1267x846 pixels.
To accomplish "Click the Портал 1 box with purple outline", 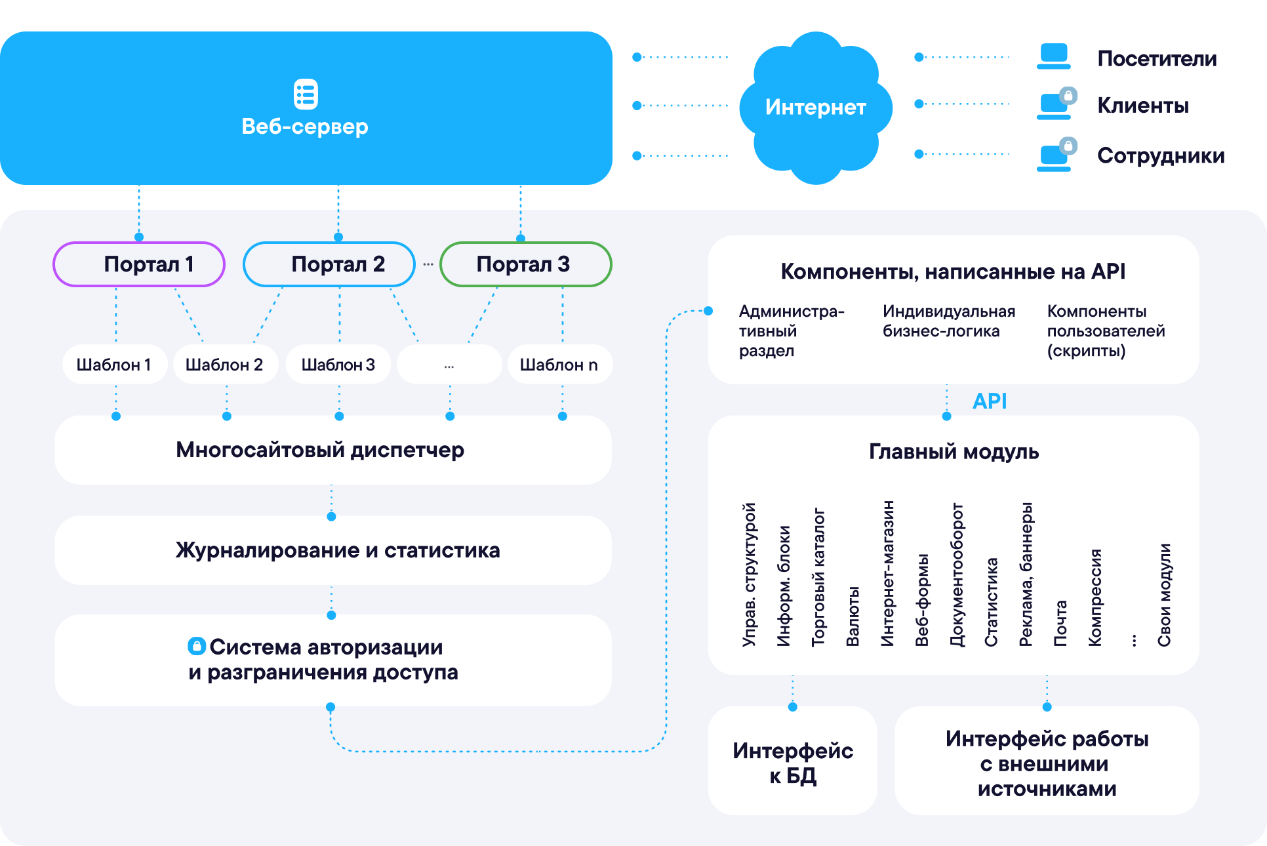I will coord(139,264).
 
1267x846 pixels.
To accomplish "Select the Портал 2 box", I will coord(329,264).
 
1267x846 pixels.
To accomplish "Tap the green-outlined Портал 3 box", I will coord(526,264).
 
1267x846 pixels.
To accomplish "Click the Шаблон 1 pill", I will coord(115,365).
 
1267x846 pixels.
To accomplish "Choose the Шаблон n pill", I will coord(560,365).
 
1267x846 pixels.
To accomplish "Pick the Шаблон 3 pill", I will coord(338,365).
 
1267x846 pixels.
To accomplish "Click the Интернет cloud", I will coord(816,107).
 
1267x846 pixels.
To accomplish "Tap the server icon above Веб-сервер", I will coord(306,94).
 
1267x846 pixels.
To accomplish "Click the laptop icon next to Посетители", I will coord(1054,56).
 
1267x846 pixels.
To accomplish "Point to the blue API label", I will coord(990,401).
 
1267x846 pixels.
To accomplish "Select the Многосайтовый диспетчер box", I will coord(333,450).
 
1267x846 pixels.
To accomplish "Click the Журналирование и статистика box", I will coord(333,550).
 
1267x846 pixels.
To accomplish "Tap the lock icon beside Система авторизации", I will coord(197,646).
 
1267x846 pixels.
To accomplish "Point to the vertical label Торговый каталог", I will coord(818,577).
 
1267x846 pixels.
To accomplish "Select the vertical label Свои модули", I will coord(1164,595).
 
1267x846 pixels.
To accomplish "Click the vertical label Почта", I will coord(1060,623).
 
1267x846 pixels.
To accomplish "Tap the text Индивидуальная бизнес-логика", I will coord(948,321).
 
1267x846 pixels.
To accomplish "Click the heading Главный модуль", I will coord(954,452).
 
